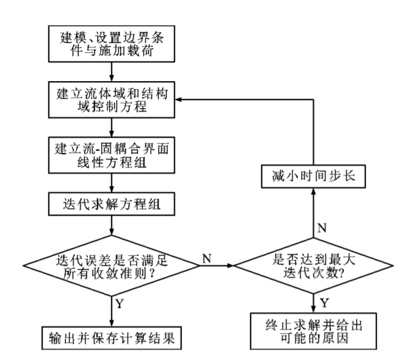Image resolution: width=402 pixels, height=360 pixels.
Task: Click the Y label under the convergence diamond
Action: click(121, 304)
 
